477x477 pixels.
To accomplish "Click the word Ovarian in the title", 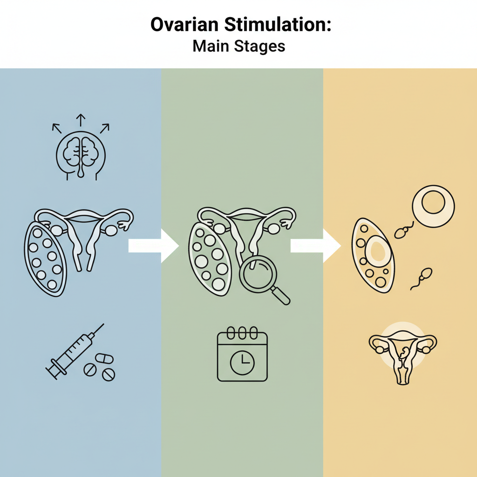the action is [184, 24].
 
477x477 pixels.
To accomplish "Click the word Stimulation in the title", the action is [277, 24].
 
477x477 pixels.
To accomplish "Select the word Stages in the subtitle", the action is [259, 47].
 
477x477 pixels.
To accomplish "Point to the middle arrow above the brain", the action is [81, 120].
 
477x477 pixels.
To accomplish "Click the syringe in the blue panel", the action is [75, 351].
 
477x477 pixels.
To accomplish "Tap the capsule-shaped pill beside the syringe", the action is [104, 358].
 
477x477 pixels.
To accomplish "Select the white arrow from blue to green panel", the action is [154, 245].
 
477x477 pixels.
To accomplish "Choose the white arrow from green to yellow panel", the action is [316, 245].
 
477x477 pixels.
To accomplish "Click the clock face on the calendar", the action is [242, 362].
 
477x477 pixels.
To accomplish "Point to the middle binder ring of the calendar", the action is [242, 333].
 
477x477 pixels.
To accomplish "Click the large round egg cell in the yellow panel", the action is [433, 206].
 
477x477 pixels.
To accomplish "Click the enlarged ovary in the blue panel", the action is [45, 259].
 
